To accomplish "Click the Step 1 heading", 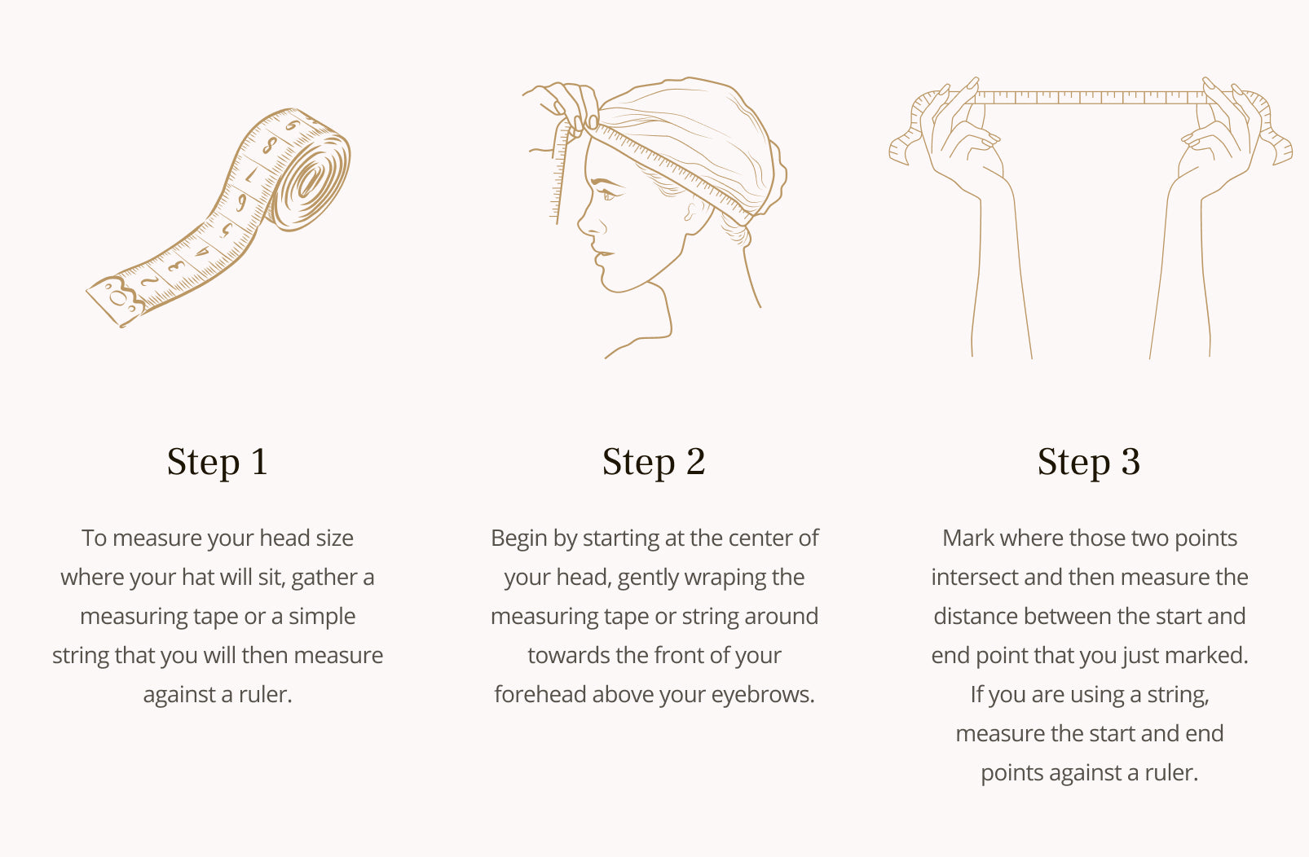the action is pyautogui.click(x=218, y=462).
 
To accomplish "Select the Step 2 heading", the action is pyautogui.click(x=654, y=462).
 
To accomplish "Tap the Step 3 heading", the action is pyautogui.click(x=1089, y=462).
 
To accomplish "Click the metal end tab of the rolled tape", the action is pyautogui.click(x=117, y=301).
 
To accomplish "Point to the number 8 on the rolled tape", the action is pyautogui.click(x=270, y=144).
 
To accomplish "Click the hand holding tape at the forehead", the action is pyautogui.click(x=564, y=108).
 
